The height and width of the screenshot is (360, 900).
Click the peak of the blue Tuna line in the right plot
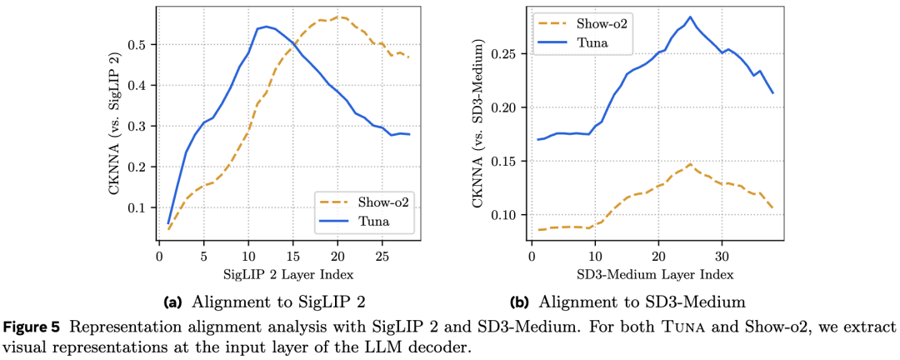click(690, 17)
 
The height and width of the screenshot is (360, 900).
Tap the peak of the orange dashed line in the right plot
click(690, 164)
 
